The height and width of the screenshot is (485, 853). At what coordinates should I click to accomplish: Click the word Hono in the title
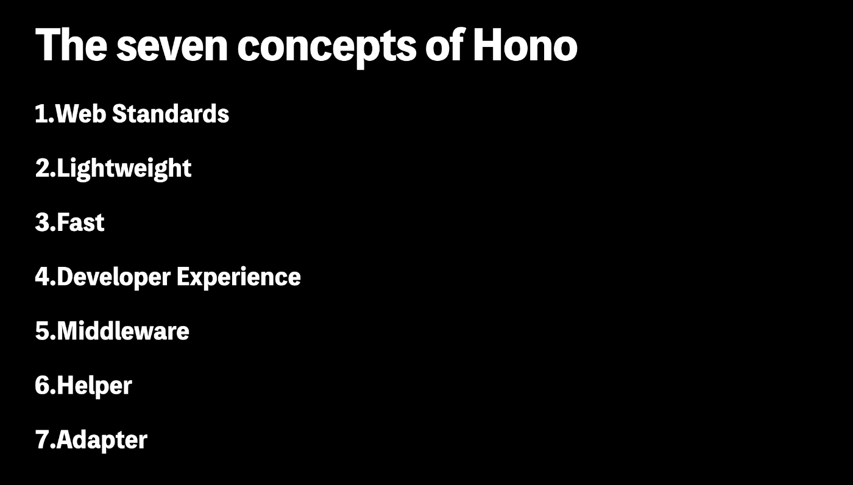point(525,46)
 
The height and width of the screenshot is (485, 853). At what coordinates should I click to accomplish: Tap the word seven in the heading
point(172,46)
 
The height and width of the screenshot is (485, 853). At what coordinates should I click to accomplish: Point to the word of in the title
point(444,46)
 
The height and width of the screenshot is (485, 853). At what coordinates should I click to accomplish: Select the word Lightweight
point(124,169)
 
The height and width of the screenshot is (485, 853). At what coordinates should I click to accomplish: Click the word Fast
point(80,222)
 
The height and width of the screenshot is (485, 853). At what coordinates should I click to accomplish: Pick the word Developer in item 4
point(113,277)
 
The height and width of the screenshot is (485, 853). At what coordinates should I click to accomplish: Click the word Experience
point(239,277)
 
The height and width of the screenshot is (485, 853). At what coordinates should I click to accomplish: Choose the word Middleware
point(123,331)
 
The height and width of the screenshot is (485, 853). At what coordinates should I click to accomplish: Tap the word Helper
point(94,386)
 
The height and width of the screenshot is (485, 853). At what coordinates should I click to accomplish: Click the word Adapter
point(102,440)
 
